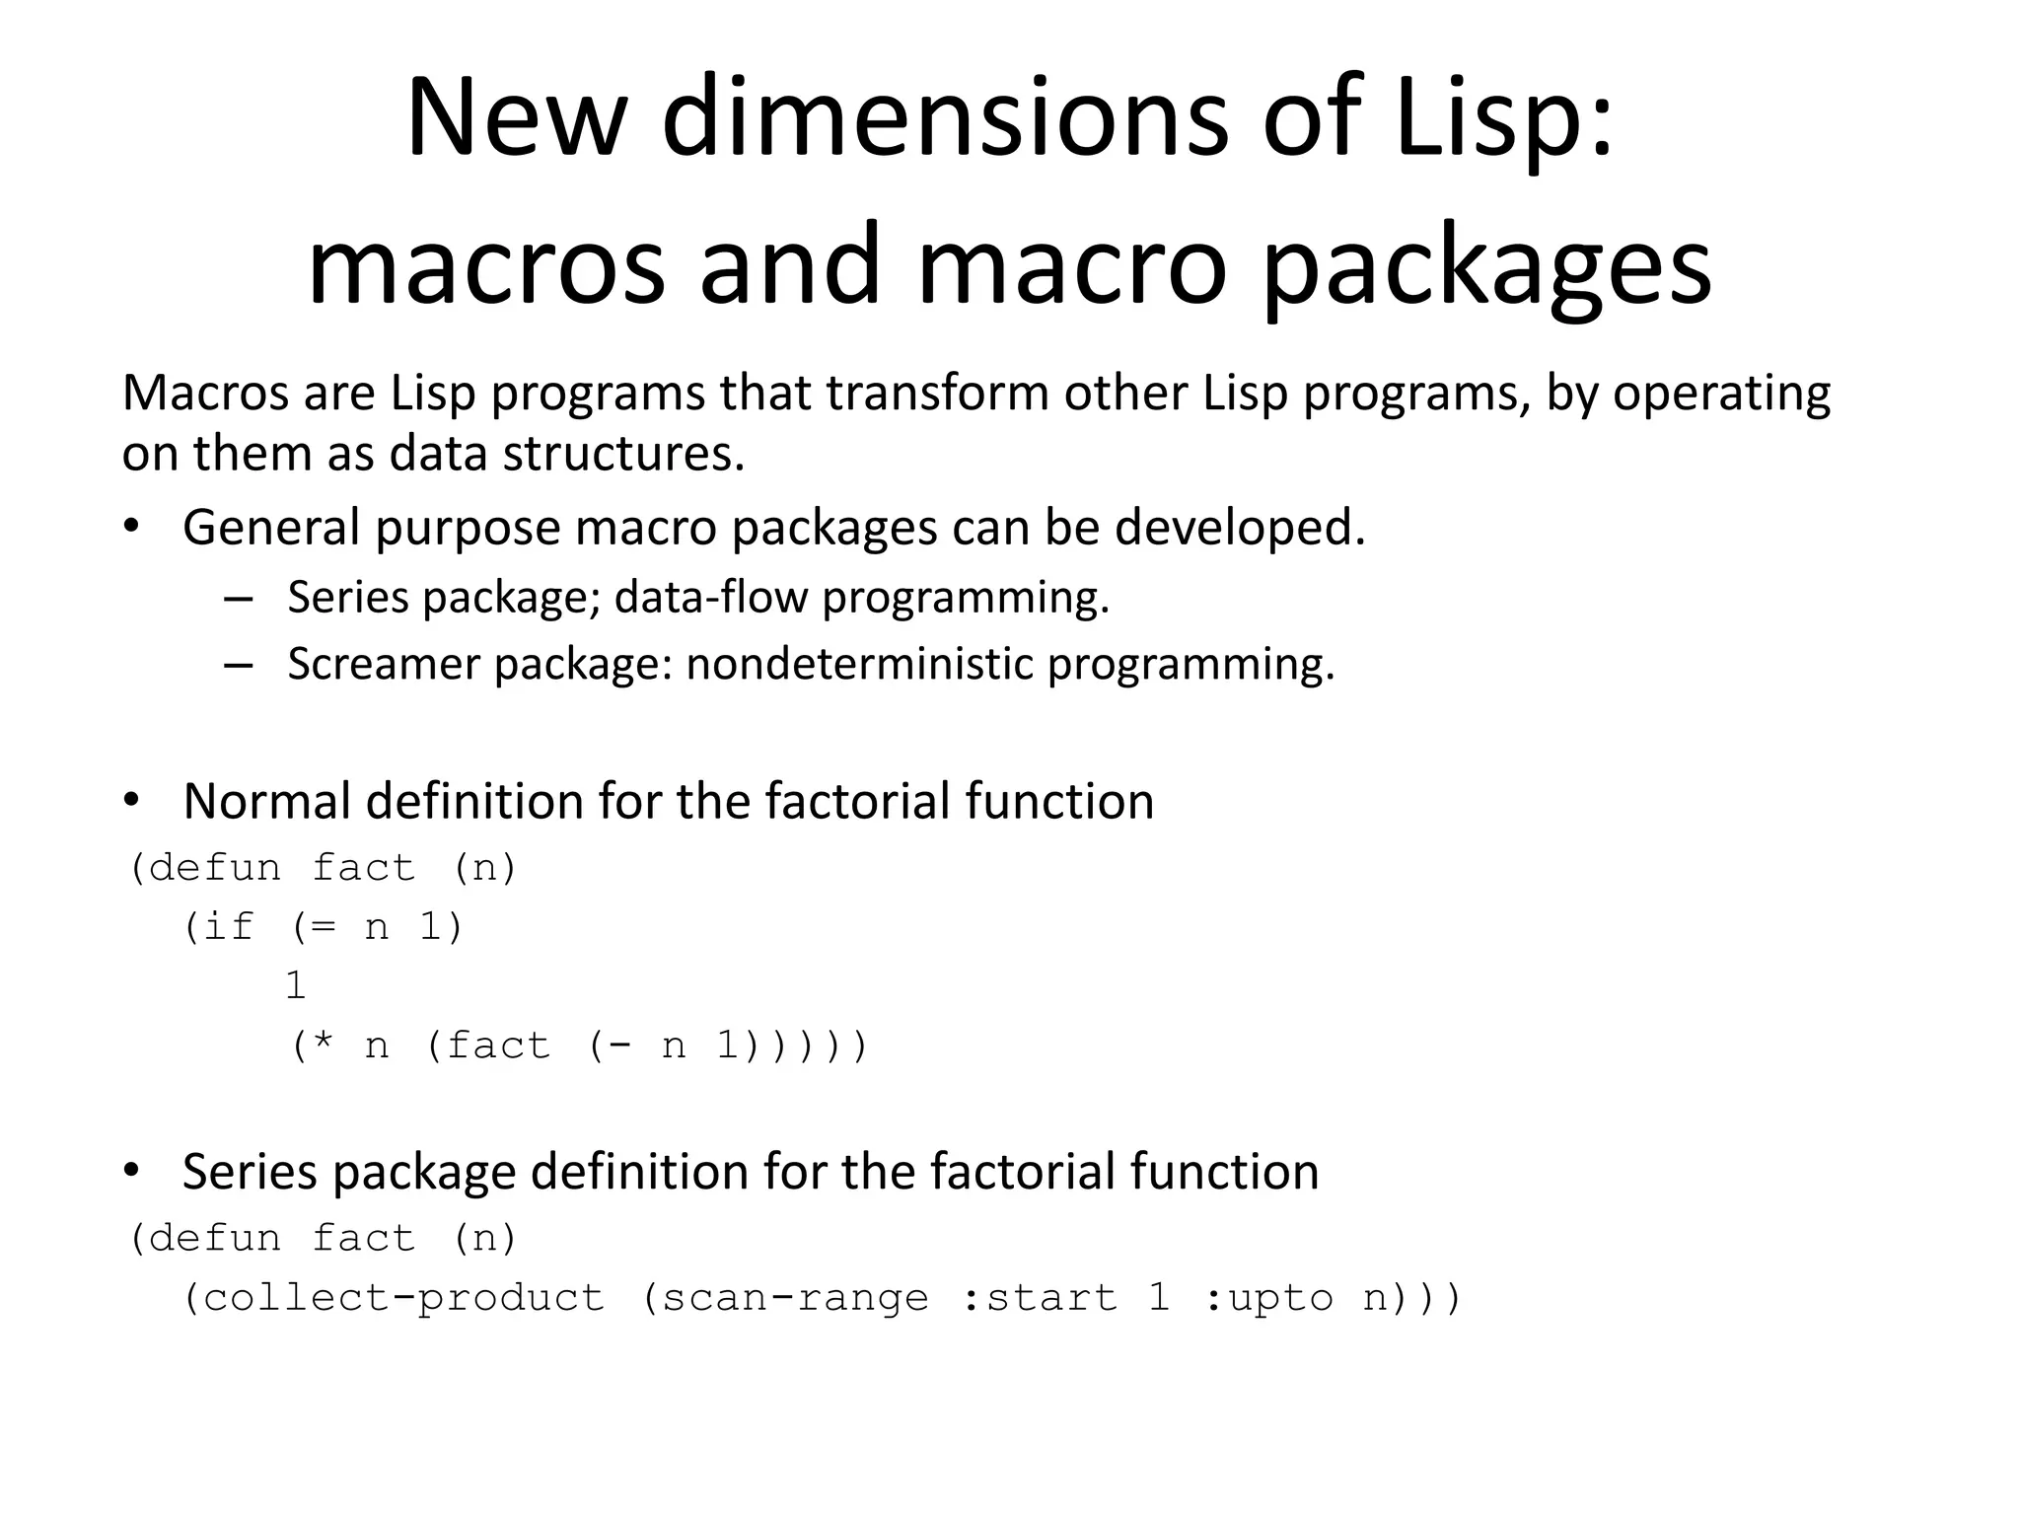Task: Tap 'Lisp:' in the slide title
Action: click(x=1504, y=118)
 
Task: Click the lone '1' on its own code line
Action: click(x=295, y=986)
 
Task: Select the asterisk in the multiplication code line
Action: click(x=323, y=1044)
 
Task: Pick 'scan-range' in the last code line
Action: click(x=795, y=1298)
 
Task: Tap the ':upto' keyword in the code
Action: click(x=1268, y=1298)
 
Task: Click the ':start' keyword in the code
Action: click(x=1039, y=1298)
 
